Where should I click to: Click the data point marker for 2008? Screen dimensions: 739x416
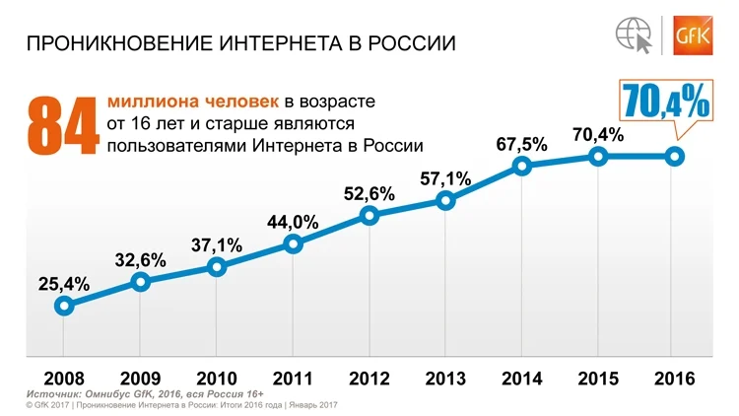(x=64, y=307)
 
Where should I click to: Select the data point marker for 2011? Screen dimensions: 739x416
(x=294, y=243)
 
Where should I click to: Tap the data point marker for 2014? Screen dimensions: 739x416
(x=521, y=166)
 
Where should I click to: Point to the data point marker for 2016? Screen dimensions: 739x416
(x=674, y=157)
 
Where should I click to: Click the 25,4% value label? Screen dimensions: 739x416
(x=64, y=284)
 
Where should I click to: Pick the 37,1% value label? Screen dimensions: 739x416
(x=217, y=245)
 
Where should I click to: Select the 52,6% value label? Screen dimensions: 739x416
(x=369, y=194)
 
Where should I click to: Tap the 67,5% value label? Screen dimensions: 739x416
(x=521, y=144)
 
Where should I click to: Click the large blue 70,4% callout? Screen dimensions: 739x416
(x=665, y=101)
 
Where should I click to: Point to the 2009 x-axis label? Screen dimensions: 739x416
(x=141, y=379)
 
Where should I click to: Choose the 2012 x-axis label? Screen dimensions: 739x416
(x=369, y=379)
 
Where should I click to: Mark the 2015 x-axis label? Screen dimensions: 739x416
(x=598, y=379)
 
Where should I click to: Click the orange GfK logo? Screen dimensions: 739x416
(x=693, y=35)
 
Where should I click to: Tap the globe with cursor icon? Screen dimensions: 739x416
(x=635, y=35)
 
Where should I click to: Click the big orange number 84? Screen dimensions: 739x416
(x=63, y=126)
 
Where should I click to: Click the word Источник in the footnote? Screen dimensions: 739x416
(x=52, y=394)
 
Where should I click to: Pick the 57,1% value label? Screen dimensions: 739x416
(x=445, y=178)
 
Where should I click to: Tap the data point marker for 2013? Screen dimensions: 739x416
(x=445, y=201)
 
